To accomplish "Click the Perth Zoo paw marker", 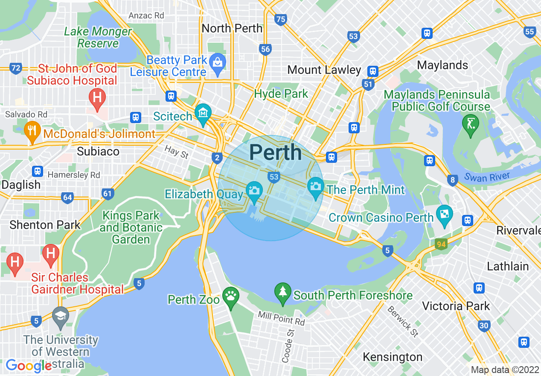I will [231, 297].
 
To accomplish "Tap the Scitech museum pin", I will [203, 114].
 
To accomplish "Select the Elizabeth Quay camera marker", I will [254, 191].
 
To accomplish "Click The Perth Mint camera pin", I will [316, 187].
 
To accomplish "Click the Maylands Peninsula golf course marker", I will [471, 124].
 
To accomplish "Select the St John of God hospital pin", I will [97, 97].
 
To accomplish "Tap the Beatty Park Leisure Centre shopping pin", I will [218, 63].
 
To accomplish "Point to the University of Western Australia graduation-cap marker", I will [60, 317].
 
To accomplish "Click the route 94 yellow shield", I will [441, 244].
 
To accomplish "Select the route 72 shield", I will [16, 68].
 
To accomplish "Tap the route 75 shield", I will [280, 19].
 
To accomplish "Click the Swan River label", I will [487, 177].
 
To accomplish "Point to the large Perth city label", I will [275, 153].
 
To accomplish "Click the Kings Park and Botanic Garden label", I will [131, 227].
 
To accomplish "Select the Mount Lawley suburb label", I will [324, 70].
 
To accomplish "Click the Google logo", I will [28, 366].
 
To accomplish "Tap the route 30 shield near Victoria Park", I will [483, 326].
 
